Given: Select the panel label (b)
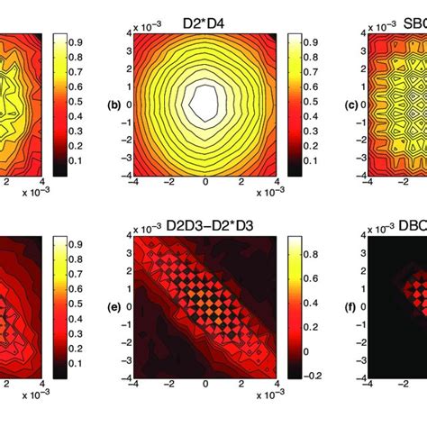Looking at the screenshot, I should [114, 104].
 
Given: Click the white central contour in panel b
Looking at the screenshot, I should [205, 102].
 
